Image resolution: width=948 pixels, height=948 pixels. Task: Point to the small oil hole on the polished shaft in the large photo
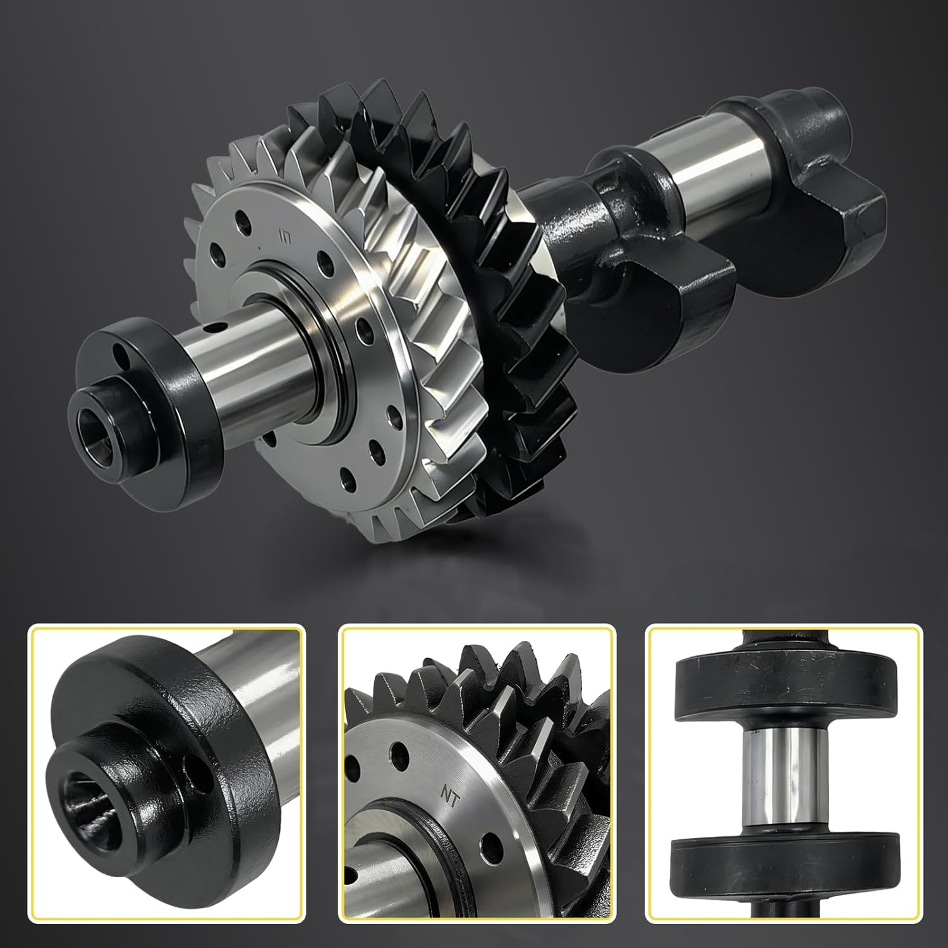(217, 327)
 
